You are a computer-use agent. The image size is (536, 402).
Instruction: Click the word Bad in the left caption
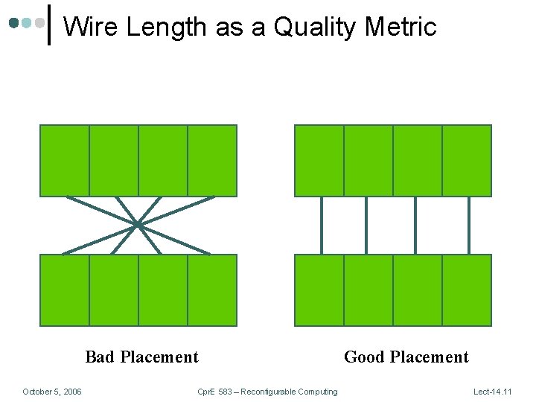pyautogui.click(x=100, y=357)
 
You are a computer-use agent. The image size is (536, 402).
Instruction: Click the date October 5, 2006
pyautogui.click(x=52, y=392)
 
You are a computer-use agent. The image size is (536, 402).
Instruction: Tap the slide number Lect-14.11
pyautogui.click(x=493, y=392)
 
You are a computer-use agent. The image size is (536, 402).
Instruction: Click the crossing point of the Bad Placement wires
pyautogui.click(x=138, y=224)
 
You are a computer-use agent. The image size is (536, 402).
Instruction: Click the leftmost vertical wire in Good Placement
pyautogui.click(x=322, y=225)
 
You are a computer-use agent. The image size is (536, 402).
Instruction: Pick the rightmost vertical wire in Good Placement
pyautogui.click(x=468, y=225)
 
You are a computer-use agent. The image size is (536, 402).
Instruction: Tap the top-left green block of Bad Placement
pyautogui.click(x=64, y=160)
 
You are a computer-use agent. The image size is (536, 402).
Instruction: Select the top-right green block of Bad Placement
pyautogui.click(x=212, y=160)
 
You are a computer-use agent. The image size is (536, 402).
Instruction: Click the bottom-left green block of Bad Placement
pyautogui.click(x=64, y=290)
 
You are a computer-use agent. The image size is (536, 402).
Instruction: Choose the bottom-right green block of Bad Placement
pyautogui.click(x=212, y=290)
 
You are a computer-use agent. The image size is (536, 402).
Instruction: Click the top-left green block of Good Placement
pyautogui.click(x=319, y=160)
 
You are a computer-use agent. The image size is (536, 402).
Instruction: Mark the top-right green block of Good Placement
pyautogui.click(x=467, y=160)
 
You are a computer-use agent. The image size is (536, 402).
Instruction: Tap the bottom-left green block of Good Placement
pyautogui.click(x=319, y=290)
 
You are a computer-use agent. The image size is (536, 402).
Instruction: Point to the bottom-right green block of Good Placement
pyautogui.click(x=467, y=290)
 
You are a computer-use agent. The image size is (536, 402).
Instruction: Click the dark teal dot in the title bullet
pyautogui.click(x=14, y=23)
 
